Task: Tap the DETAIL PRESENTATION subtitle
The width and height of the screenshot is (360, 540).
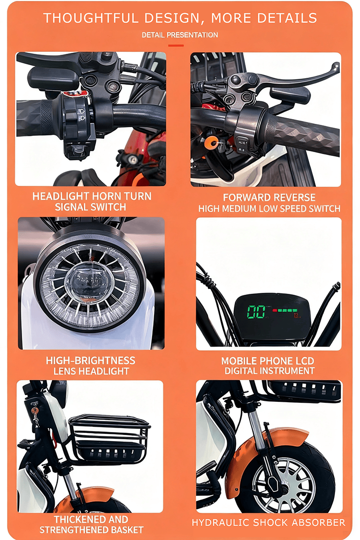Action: [x=180, y=35]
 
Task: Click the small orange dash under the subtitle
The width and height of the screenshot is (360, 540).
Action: [x=176, y=46]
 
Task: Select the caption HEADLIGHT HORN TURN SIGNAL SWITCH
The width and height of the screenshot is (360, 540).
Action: [x=91, y=202]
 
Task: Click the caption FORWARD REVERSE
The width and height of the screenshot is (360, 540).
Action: [x=269, y=197]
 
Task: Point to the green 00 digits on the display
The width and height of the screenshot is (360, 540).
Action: [x=256, y=312]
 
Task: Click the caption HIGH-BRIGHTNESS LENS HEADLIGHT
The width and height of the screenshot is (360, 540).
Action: [x=91, y=365]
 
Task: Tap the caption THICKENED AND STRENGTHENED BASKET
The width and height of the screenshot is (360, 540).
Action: [x=91, y=524]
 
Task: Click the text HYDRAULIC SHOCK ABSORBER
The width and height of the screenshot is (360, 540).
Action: [x=269, y=522]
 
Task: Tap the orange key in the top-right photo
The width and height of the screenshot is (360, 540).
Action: [x=210, y=142]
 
